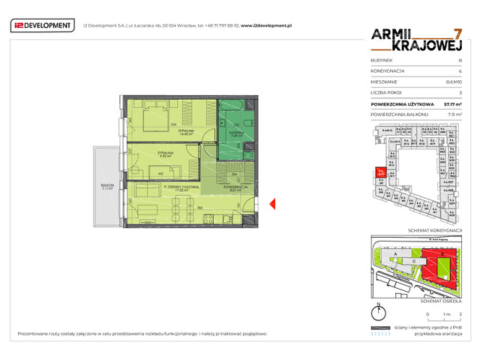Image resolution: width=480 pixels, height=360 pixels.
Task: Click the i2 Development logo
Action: pyautogui.click(x=43, y=25)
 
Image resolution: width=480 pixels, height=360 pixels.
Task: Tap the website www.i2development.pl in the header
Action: pyautogui.click(x=266, y=25)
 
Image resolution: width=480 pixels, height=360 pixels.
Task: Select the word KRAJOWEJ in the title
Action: pyautogui.click(x=404, y=46)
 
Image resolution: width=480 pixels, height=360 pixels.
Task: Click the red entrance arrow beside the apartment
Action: pyautogui.click(x=273, y=202)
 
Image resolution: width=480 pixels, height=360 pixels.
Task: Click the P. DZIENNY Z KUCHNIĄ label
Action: pyautogui.click(x=171, y=188)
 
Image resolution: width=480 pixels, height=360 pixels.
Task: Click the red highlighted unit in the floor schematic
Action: pyautogui.click(x=381, y=173)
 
